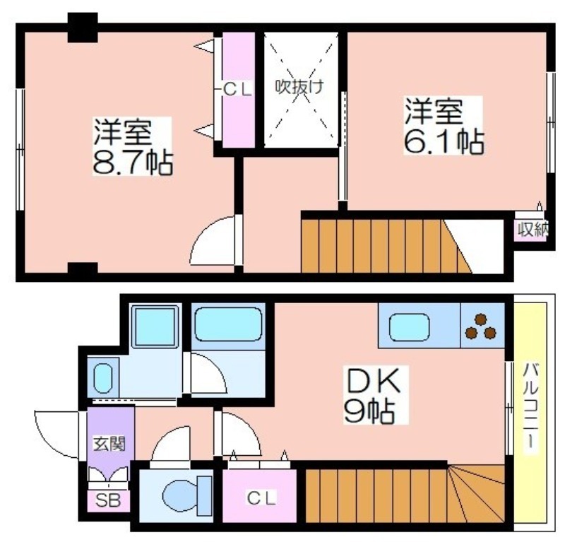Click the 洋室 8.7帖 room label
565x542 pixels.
tap(133, 146)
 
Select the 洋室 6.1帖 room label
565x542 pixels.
tap(444, 125)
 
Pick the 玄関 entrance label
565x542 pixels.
tap(109, 444)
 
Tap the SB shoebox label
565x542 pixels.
tap(108, 500)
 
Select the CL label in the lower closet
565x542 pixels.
tap(261, 498)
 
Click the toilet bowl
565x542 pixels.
tap(187, 495)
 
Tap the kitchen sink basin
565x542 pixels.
tap(410, 327)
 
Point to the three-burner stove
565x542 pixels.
tap(481, 326)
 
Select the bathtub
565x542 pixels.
tap(227, 324)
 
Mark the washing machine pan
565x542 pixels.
tap(155, 326)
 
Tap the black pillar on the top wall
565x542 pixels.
tap(83, 28)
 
